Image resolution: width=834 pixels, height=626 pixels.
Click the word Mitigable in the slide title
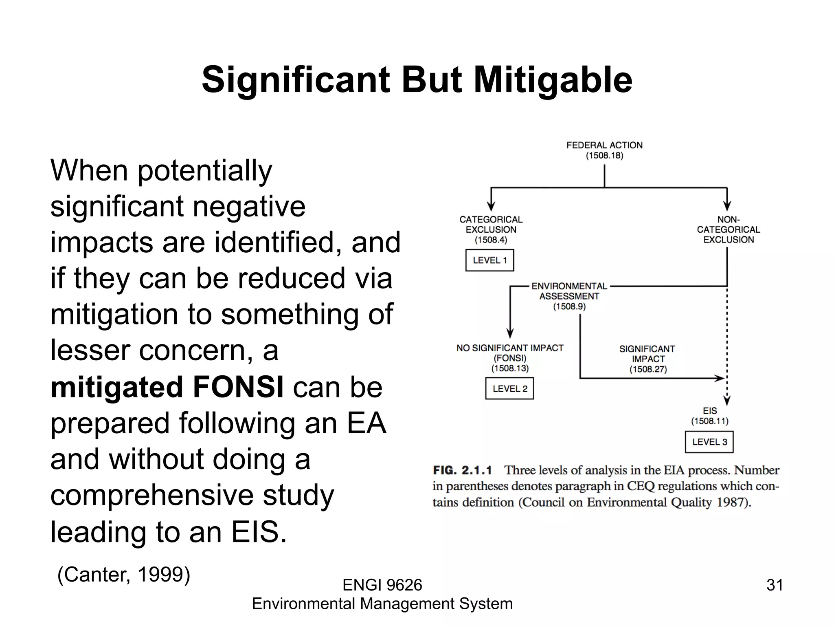point(553,80)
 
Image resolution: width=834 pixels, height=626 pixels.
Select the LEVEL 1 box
point(489,260)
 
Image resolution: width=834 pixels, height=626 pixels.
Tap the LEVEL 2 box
point(509,388)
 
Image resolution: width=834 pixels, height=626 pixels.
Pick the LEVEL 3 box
point(709,442)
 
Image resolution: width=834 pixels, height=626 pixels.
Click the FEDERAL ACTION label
point(604,145)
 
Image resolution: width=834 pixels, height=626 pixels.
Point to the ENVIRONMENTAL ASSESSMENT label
point(569,291)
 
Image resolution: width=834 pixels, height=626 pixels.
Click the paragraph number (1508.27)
point(648,369)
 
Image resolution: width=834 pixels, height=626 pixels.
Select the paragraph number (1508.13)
point(510,368)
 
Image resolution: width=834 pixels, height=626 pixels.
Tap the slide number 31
point(775,585)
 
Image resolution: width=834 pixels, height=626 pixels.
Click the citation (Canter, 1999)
point(124,575)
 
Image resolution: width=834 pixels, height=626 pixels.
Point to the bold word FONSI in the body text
point(238,387)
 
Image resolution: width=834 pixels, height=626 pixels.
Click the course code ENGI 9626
point(382,585)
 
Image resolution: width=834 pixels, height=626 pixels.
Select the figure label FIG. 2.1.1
point(462,470)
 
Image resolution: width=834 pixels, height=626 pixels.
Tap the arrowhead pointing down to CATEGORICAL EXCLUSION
point(491,206)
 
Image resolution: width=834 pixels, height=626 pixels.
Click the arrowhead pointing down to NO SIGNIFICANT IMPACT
point(510,333)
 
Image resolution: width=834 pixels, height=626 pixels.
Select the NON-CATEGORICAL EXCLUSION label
point(728,229)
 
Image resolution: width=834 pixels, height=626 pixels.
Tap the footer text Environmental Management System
point(382,604)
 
